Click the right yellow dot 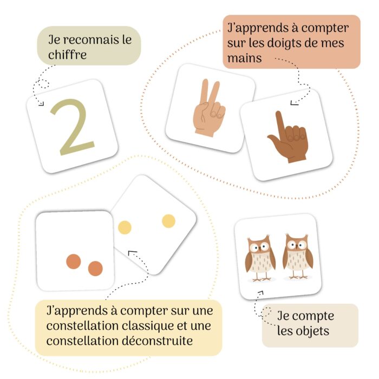pyautogui.click(x=168, y=221)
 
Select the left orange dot pyautogui.click(x=74, y=262)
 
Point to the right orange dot pyautogui.click(x=95, y=268)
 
